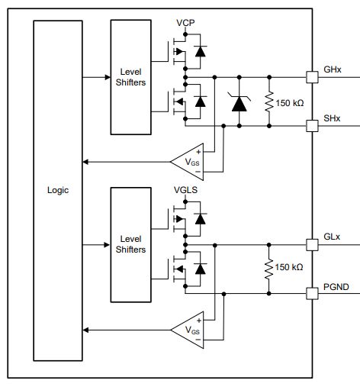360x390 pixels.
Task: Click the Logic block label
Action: click(57, 190)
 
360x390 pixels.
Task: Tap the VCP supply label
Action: click(185, 23)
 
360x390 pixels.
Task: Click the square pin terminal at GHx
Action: click(311, 76)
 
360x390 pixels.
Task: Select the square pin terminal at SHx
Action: click(311, 124)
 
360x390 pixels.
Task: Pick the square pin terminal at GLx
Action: click(311, 245)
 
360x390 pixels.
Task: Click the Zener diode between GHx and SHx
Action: click(240, 101)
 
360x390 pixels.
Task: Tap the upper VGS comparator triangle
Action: click(188, 160)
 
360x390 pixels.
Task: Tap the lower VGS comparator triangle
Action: click(188, 329)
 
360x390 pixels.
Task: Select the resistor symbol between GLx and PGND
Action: click(268, 269)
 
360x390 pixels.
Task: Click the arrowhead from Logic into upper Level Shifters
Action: click(106, 76)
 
